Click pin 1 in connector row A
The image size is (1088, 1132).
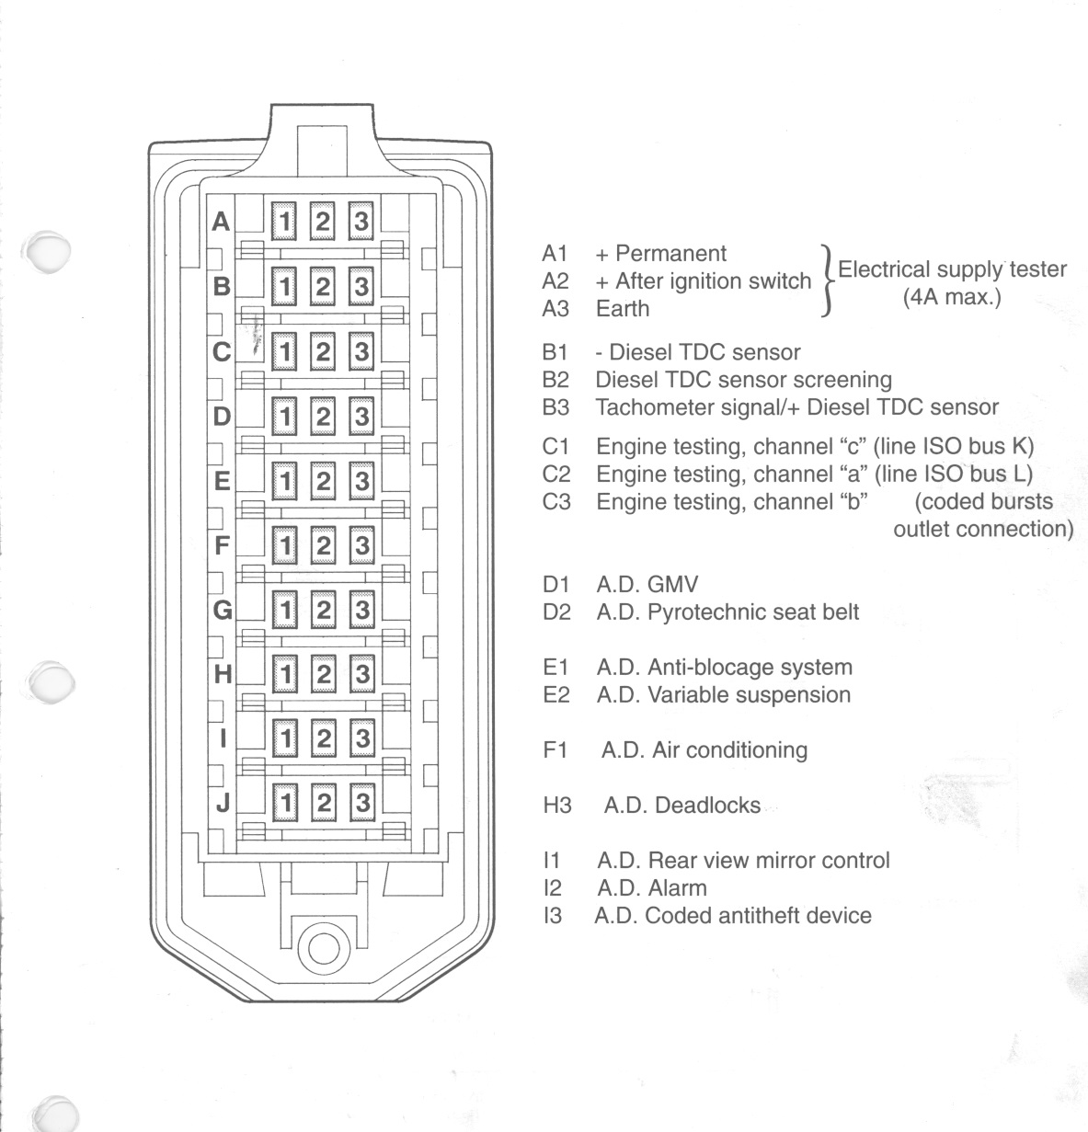(x=284, y=221)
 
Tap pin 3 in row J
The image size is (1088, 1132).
(x=362, y=803)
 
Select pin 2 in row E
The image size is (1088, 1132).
(x=323, y=481)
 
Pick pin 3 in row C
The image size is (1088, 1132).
(x=361, y=351)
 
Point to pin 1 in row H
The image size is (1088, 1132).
(x=285, y=674)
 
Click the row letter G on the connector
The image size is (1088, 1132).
(x=223, y=611)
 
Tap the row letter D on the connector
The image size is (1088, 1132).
(x=222, y=417)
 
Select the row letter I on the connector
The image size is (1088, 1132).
(x=223, y=738)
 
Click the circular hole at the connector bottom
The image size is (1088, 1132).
(x=324, y=949)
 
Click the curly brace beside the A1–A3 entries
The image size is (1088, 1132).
(x=828, y=280)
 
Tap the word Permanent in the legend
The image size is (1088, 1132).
(x=670, y=254)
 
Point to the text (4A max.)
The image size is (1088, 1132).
(x=953, y=297)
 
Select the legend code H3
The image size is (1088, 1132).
(x=557, y=806)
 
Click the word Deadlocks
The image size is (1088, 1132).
(x=708, y=806)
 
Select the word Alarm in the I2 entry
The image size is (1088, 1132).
(x=677, y=888)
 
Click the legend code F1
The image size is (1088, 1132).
(x=555, y=750)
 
